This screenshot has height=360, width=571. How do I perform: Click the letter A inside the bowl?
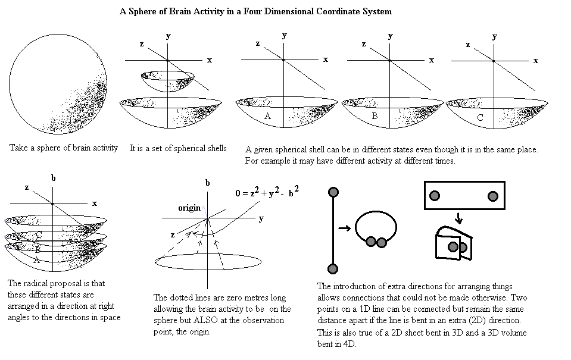click(x=267, y=117)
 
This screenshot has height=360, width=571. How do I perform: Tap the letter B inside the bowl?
click(x=375, y=116)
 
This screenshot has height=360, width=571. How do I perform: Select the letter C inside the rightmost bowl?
click(x=480, y=118)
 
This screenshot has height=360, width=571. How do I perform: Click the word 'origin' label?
click(x=189, y=208)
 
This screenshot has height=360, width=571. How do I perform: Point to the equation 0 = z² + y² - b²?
click(x=268, y=192)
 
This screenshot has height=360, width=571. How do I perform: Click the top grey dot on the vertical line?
click(x=333, y=192)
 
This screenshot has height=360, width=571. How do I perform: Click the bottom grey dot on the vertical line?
click(x=333, y=267)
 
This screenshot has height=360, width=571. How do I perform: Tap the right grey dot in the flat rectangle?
click(x=492, y=196)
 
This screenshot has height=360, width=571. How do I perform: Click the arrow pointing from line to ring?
click(x=345, y=227)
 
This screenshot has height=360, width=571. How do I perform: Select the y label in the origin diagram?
click(x=261, y=218)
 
